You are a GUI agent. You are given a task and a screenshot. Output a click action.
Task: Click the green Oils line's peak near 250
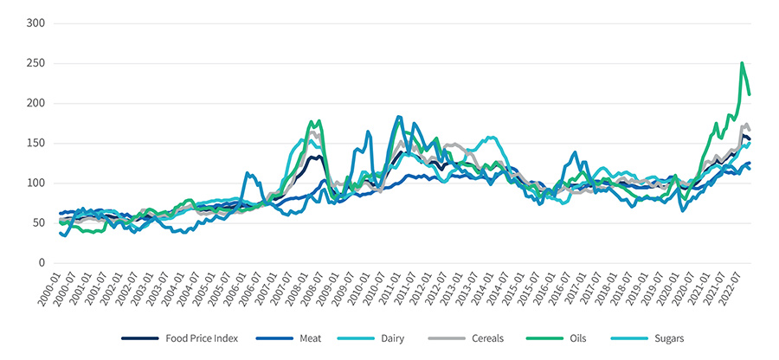(742, 63)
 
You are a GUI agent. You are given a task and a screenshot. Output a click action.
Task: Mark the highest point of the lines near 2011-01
(398, 116)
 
